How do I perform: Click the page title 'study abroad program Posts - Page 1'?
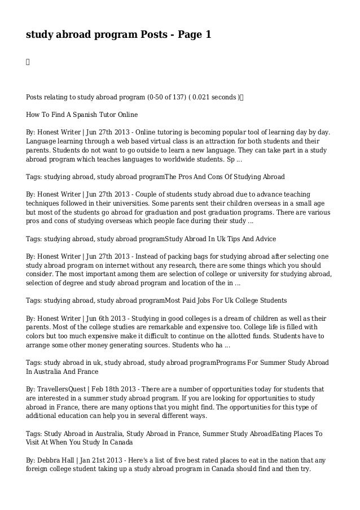pyautogui.click(x=118, y=35)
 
